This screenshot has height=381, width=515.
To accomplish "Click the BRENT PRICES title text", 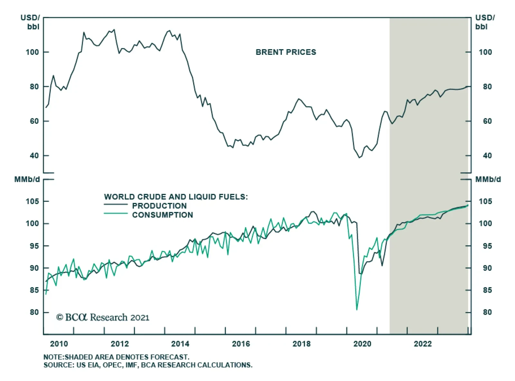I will coord(286,52).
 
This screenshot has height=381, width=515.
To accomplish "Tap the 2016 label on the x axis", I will coord(241,344).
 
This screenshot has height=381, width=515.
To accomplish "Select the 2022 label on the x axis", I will coord(423,344).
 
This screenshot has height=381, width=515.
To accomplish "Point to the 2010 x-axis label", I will coord(59,344).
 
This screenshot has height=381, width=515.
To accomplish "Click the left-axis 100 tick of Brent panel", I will coord(32,52).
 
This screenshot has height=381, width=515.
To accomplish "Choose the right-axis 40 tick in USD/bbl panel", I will coord(487,156).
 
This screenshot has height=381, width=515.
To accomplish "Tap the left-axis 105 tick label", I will coord(32,201).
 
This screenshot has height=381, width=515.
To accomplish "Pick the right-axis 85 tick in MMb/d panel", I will coord(487,290).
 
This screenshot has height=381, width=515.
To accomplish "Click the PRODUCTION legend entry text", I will coord(159,206).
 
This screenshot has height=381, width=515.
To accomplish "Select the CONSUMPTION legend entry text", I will coord(163,215).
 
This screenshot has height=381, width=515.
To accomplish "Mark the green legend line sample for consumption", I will coord(116,213).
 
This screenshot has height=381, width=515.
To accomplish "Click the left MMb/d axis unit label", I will coord(27,180).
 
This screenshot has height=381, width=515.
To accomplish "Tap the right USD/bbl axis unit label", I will coord(485,22).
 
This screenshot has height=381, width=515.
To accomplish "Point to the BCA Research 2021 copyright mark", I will coord(103,317).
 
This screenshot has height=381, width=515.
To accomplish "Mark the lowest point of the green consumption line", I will coord(357,310).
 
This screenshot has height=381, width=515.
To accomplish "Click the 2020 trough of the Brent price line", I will coord(360,158).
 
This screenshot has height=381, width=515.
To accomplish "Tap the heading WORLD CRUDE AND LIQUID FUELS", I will coord(176,197).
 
